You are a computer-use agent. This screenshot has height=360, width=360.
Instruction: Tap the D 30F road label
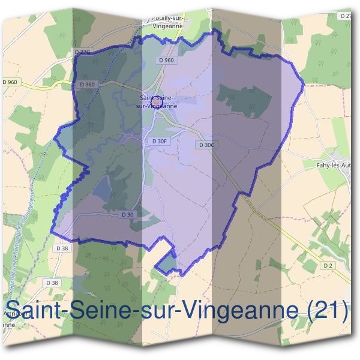tap(159, 141)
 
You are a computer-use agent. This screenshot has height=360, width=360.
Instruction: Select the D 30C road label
tap(206, 145)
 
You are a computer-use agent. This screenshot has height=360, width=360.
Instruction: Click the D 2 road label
tap(327, 265)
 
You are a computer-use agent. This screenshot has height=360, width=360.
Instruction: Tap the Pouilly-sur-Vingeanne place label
tap(164, 22)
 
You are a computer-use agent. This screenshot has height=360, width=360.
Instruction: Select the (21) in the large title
tap(327, 311)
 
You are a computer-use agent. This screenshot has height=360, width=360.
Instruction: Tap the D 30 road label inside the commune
tap(127, 215)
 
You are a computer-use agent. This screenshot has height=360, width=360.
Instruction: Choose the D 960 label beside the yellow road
tap(8, 82)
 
